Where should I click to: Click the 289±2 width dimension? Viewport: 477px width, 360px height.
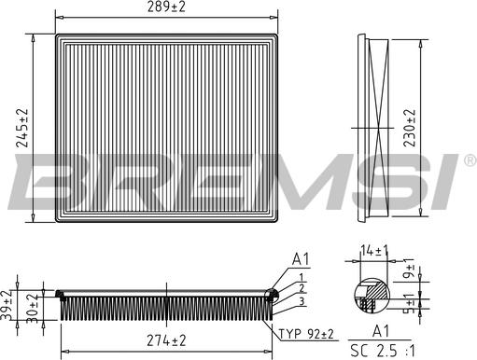pos(168,8)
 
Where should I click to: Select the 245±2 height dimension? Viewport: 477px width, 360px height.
pos(22,128)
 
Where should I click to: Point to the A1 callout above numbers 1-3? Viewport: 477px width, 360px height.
pos(302,258)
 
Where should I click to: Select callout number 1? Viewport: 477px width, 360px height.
pos(302,276)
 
